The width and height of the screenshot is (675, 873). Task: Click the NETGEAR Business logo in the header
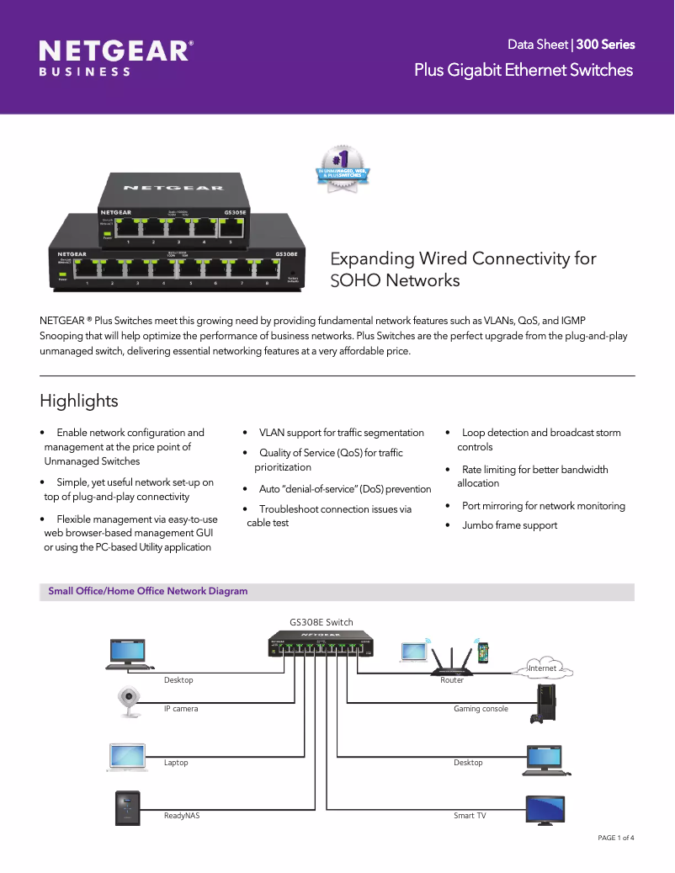[x=116, y=58]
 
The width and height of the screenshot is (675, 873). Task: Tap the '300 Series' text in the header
[x=605, y=45]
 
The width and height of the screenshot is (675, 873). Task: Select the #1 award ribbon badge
[x=343, y=169]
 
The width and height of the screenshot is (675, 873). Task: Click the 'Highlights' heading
[x=79, y=401]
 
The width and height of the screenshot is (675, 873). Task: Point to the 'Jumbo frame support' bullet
[x=509, y=525]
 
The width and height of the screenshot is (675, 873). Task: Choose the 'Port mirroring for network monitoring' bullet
[x=543, y=506]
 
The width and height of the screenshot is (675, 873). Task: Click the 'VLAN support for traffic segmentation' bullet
[x=341, y=433]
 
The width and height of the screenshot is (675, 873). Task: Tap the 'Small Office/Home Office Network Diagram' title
[x=148, y=591]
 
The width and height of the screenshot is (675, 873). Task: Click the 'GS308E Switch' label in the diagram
[x=322, y=622]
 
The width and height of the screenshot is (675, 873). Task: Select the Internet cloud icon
[x=543, y=668]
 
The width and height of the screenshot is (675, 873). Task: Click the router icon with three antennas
[x=452, y=660]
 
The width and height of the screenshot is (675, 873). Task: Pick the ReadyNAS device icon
[x=127, y=808]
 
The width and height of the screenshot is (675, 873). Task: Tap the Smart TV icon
[x=545, y=810]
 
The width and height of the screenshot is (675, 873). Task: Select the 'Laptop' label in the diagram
[x=176, y=763]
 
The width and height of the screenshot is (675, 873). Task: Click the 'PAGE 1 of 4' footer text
[x=615, y=838]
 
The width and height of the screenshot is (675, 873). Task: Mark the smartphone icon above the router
[x=483, y=651]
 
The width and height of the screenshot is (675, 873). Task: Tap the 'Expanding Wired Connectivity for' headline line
[x=464, y=258]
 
